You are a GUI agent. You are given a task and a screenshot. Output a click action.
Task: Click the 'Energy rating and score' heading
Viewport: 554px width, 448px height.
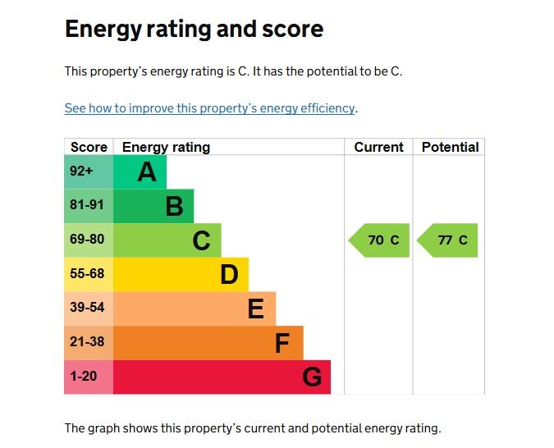(x=194, y=30)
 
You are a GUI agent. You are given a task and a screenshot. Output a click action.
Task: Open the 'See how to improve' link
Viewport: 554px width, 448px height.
(x=209, y=108)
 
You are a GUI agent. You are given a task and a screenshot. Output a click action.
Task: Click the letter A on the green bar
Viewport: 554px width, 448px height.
(x=146, y=172)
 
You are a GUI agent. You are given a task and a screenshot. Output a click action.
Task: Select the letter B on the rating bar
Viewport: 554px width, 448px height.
(x=174, y=207)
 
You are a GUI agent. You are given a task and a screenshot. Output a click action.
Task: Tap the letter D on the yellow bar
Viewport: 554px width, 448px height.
(x=229, y=275)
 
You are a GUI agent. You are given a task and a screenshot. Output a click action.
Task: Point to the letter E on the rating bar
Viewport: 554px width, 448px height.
(x=256, y=309)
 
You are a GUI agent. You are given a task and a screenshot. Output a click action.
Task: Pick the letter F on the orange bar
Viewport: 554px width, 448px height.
(x=282, y=344)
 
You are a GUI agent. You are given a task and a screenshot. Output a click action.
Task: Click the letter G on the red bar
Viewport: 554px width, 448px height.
(x=311, y=377)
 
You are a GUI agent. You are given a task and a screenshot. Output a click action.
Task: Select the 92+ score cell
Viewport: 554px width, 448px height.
(x=81, y=172)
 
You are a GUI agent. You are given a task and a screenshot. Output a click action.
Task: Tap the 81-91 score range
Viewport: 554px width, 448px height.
(x=87, y=206)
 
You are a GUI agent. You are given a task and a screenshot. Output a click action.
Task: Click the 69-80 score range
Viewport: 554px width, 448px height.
(x=87, y=240)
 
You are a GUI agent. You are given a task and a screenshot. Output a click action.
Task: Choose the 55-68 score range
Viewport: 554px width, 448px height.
(x=87, y=274)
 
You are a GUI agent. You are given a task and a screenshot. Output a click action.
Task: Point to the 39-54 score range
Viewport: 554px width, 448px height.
(x=87, y=309)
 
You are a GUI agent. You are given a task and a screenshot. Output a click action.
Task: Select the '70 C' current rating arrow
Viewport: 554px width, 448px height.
(x=381, y=240)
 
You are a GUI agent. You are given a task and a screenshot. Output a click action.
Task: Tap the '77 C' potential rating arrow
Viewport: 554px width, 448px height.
(x=449, y=240)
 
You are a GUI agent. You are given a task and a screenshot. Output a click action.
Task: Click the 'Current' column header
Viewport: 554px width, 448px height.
(x=378, y=148)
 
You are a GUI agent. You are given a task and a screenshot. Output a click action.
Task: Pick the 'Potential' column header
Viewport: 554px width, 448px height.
(x=450, y=148)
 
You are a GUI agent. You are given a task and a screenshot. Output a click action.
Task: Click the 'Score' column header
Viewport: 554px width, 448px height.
(x=89, y=148)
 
